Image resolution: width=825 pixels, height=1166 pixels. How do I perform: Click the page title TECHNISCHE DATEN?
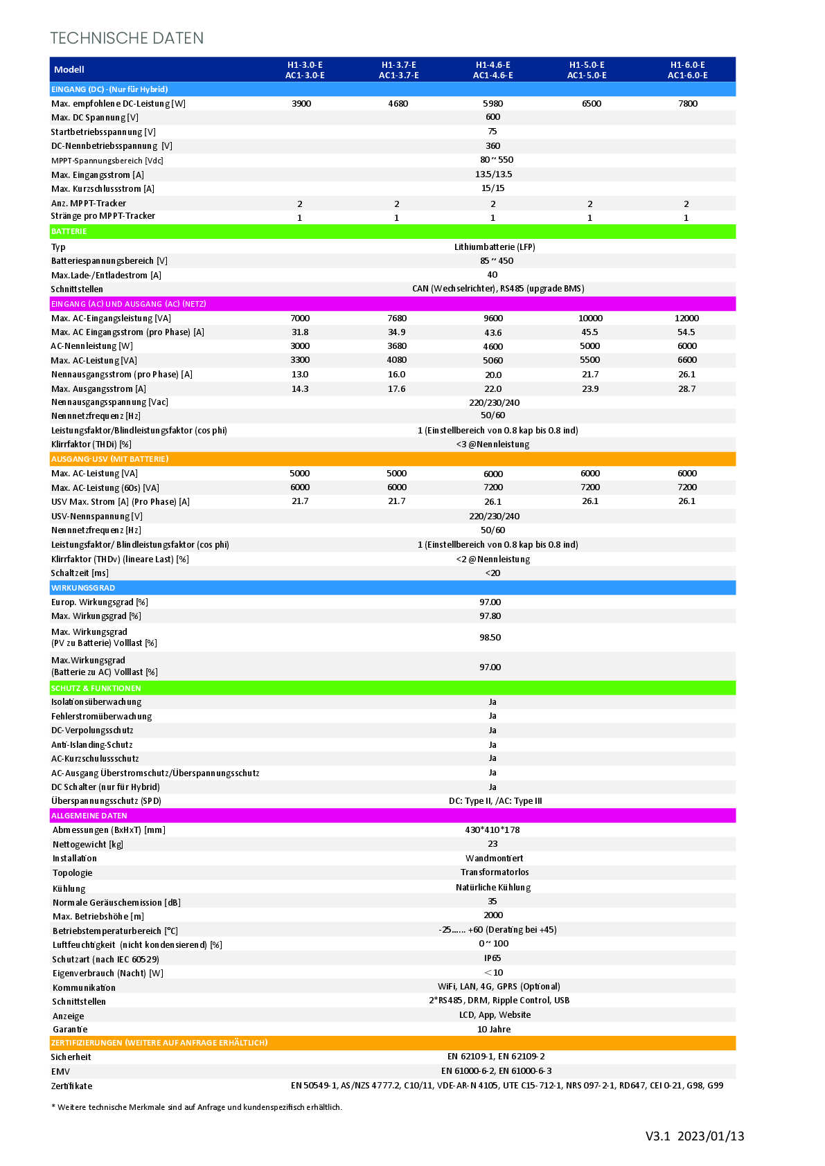pyautogui.click(x=127, y=38)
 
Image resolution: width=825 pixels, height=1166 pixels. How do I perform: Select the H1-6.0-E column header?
pyautogui.click(x=687, y=70)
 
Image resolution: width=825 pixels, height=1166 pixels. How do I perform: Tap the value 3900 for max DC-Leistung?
pyautogui.click(x=301, y=104)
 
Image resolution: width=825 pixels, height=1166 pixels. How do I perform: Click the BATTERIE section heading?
pyautogui.click(x=69, y=231)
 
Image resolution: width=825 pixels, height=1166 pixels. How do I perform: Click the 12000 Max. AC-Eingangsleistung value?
pyautogui.click(x=686, y=319)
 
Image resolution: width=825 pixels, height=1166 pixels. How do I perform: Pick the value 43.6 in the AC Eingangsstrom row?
pyautogui.click(x=493, y=332)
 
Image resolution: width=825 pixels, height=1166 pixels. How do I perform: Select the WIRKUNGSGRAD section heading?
pyautogui.click(x=83, y=588)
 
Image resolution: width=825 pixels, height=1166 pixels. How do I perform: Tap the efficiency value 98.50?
pyautogui.click(x=490, y=638)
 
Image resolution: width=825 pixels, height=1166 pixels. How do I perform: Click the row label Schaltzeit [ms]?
pyautogui.click(x=80, y=573)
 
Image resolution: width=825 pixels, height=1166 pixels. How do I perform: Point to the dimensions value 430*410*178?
pyautogui.click(x=493, y=829)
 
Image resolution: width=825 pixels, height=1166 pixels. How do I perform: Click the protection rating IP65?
pyautogui.click(x=493, y=958)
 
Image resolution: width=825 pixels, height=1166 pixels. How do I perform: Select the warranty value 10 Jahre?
pyautogui.click(x=494, y=1030)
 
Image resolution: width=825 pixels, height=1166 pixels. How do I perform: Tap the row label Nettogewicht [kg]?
pyautogui.click(x=88, y=844)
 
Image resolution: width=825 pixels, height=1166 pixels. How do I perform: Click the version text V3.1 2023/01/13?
pyautogui.click(x=695, y=1136)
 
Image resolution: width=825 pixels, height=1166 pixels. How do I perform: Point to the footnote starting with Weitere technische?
pyautogui.click(x=197, y=1107)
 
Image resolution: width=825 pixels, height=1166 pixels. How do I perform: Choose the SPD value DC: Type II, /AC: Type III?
pyautogui.click(x=495, y=801)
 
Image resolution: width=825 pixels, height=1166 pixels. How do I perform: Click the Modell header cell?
pyautogui.click(x=69, y=69)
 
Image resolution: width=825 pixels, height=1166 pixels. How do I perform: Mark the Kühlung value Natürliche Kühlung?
pyautogui.click(x=493, y=888)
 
